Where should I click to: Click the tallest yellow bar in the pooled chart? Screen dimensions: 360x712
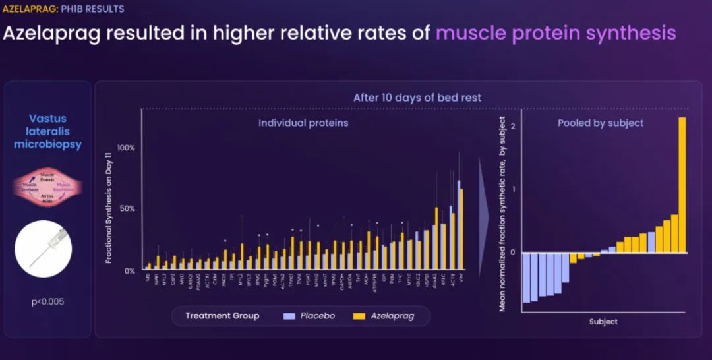[x=682, y=185]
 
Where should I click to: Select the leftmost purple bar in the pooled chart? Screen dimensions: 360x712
[x=526, y=277]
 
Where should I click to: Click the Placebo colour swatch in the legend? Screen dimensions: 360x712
[x=288, y=316]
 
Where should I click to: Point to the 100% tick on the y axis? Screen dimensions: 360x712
[x=125, y=148]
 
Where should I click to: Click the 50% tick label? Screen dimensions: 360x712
[x=127, y=209]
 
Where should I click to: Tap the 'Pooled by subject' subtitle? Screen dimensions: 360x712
[x=601, y=123]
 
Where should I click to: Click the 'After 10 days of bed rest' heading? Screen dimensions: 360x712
[x=417, y=98]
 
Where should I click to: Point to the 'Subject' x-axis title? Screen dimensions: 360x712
[x=603, y=322]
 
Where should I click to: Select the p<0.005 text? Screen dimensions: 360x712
[x=47, y=302]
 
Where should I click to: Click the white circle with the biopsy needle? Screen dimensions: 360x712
[x=47, y=249]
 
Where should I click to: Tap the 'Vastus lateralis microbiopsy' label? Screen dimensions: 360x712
[x=47, y=131]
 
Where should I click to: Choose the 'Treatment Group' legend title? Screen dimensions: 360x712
[x=222, y=316]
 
